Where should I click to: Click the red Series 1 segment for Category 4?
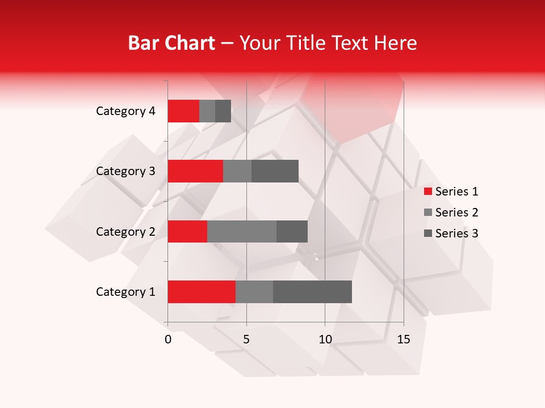point(183,111)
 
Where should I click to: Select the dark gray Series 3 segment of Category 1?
point(312,292)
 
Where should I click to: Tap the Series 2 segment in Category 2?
point(242,231)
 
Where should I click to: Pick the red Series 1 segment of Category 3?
point(195,171)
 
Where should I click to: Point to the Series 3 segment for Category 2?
point(292,231)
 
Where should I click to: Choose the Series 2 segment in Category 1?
point(254,292)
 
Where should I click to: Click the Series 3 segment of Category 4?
point(223,111)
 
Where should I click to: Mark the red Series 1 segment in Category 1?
point(202,292)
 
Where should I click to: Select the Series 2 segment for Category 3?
point(237,171)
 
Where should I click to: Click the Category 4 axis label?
point(125,111)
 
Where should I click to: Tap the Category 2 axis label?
point(125,231)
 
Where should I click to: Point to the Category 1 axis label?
point(125,292)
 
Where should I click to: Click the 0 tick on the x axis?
point(168,339)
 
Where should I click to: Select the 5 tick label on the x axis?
point(246,339)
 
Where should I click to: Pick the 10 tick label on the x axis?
point(325,339)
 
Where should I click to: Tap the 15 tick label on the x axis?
point(404,339)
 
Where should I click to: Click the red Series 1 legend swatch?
point(427,192)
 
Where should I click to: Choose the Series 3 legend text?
point(456,233)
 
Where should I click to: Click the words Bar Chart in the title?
point(171,43)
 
